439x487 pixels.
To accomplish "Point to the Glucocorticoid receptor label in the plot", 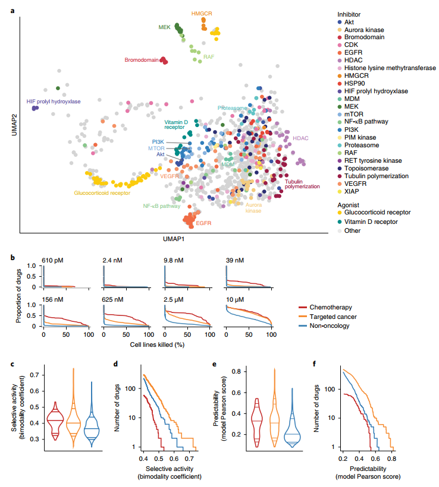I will point(102,192).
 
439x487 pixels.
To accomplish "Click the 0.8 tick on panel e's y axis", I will point(237,372).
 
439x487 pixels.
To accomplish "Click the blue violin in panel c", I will point(91,416).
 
